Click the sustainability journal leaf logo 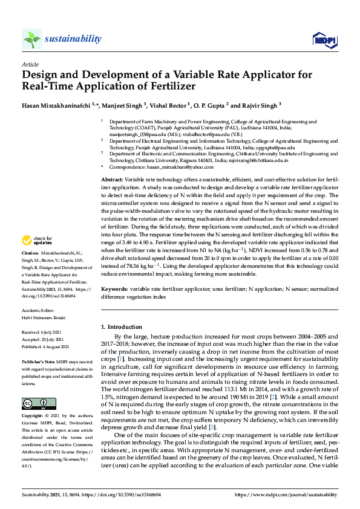(31, 39)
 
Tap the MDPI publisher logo (325, 40)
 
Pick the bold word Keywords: (113, 290)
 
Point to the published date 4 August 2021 (54, 346)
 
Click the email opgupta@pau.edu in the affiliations (277, 147)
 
